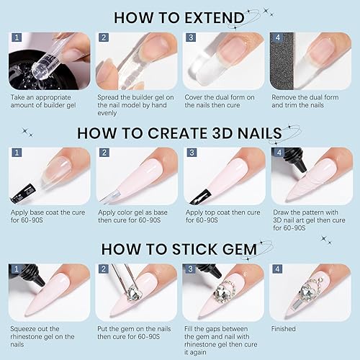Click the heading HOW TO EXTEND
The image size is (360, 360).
[x=179, y=17]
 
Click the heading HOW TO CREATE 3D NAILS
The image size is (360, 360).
[x=179, y=132]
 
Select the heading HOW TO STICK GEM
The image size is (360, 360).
[x=179, y=248]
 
